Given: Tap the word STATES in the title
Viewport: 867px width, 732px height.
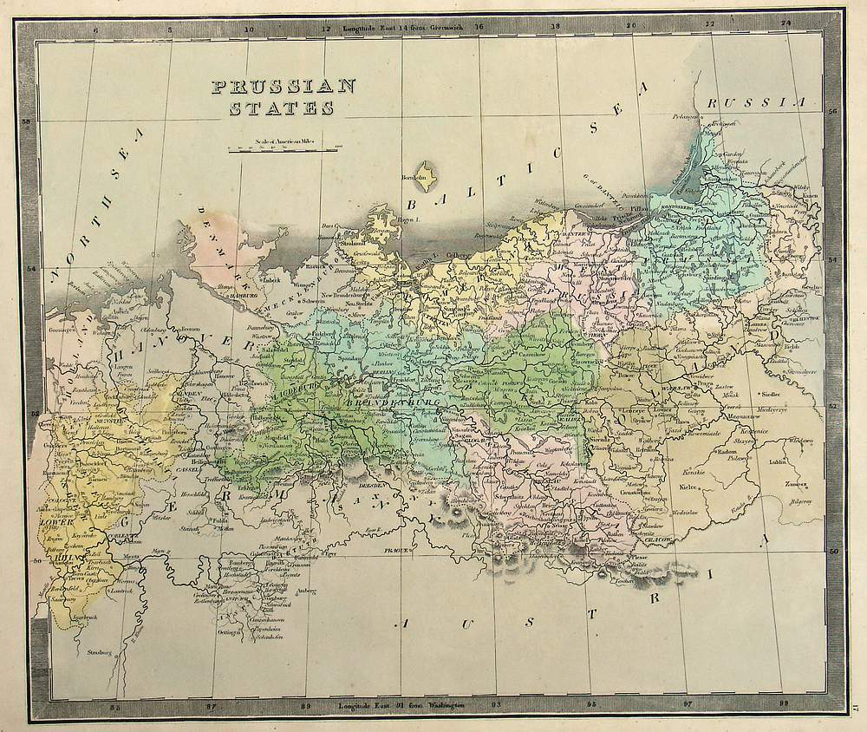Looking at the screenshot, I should click(280, 108).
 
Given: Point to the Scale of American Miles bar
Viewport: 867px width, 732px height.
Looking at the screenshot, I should click(282, 149).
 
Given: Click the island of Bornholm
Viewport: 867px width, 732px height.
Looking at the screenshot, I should click(427, 171).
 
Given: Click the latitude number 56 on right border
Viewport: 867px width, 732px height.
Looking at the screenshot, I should click(831, 112).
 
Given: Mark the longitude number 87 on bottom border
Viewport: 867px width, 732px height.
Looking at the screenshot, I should click(211, 705).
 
